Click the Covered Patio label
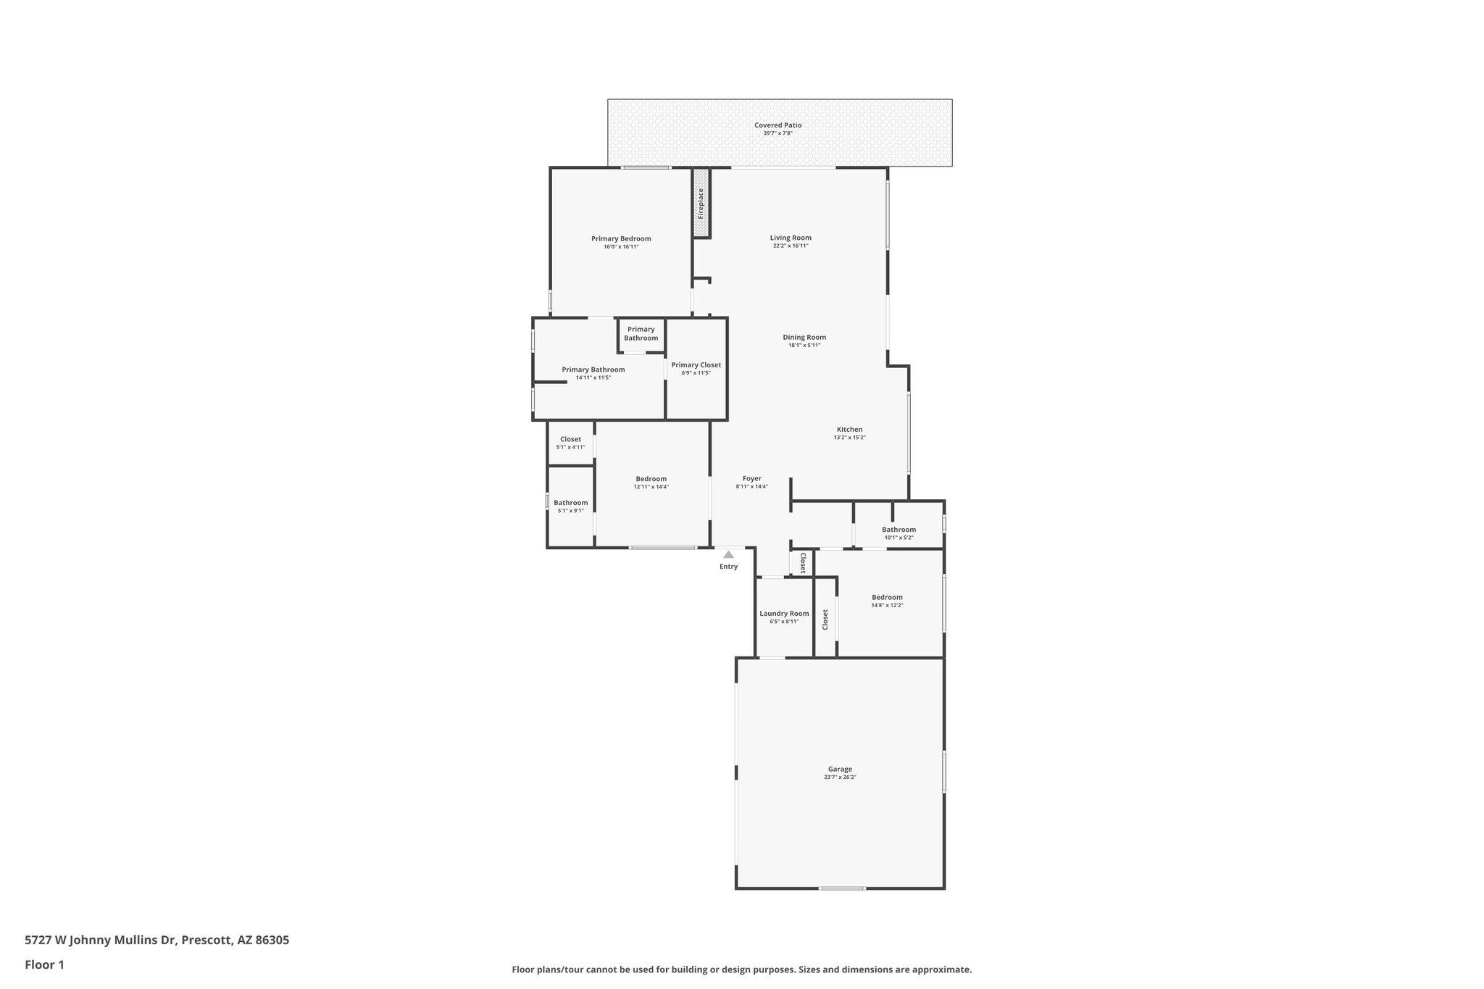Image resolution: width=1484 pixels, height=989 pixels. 778,125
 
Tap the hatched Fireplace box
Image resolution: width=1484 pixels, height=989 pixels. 701,204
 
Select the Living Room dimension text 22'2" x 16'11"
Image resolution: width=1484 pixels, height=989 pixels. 790,246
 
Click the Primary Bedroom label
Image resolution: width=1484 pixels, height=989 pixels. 621,238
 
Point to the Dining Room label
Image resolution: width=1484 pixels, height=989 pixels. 804,337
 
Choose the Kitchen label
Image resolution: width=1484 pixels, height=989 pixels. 849,429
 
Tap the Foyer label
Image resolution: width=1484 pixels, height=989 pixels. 751,478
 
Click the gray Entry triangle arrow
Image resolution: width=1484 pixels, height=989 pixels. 728,554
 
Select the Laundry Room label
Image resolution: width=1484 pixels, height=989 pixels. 784,613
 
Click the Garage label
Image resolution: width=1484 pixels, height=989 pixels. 840,769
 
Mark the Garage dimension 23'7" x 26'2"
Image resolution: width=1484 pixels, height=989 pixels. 840,777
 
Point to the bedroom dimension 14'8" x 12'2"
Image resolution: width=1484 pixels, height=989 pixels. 887,605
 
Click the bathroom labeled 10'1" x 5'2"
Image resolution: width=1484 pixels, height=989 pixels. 899,533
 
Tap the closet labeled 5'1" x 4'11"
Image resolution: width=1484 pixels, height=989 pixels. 570,443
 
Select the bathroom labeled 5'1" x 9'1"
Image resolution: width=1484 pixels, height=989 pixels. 570,506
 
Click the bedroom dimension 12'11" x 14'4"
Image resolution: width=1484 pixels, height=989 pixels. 651,487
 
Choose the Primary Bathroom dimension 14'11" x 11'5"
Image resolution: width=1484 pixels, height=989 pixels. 593,377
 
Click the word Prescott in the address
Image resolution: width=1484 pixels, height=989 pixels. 206,940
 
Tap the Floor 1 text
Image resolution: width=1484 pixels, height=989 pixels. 44,964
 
